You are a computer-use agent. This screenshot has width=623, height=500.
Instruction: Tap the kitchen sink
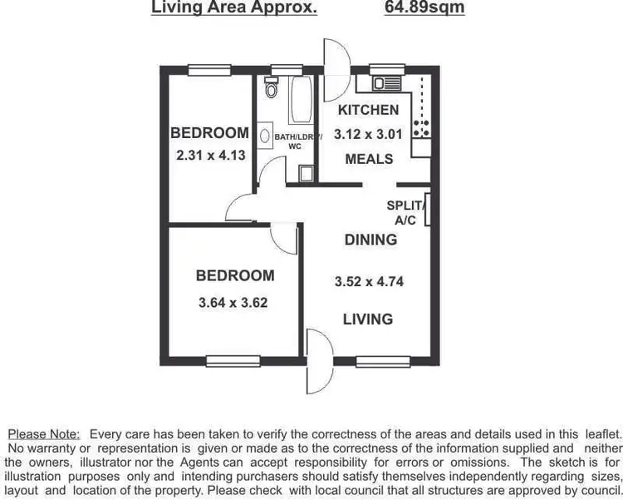pos(385,83)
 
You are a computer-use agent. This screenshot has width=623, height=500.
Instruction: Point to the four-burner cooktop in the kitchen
pos(421,126)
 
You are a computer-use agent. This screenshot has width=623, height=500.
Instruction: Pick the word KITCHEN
pos(368,110)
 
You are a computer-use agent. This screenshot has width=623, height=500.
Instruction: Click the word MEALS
pos(369,159)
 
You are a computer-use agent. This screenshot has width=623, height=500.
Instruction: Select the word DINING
pos(370,240)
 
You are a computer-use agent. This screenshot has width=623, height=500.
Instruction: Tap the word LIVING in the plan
pos(369,319)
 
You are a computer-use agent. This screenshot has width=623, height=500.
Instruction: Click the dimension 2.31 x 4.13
pos(210,155)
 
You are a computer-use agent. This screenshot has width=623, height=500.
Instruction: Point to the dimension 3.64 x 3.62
pos(233,303)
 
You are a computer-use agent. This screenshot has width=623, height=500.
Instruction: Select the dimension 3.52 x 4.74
pos(369,281)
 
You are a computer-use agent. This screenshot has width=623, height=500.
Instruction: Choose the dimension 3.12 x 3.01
pos(368,134)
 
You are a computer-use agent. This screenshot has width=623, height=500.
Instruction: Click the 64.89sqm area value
pos(424,8)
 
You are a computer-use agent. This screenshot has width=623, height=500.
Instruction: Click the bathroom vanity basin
pos(264,135)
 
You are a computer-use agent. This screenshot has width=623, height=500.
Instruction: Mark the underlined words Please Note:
pos(44,434)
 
